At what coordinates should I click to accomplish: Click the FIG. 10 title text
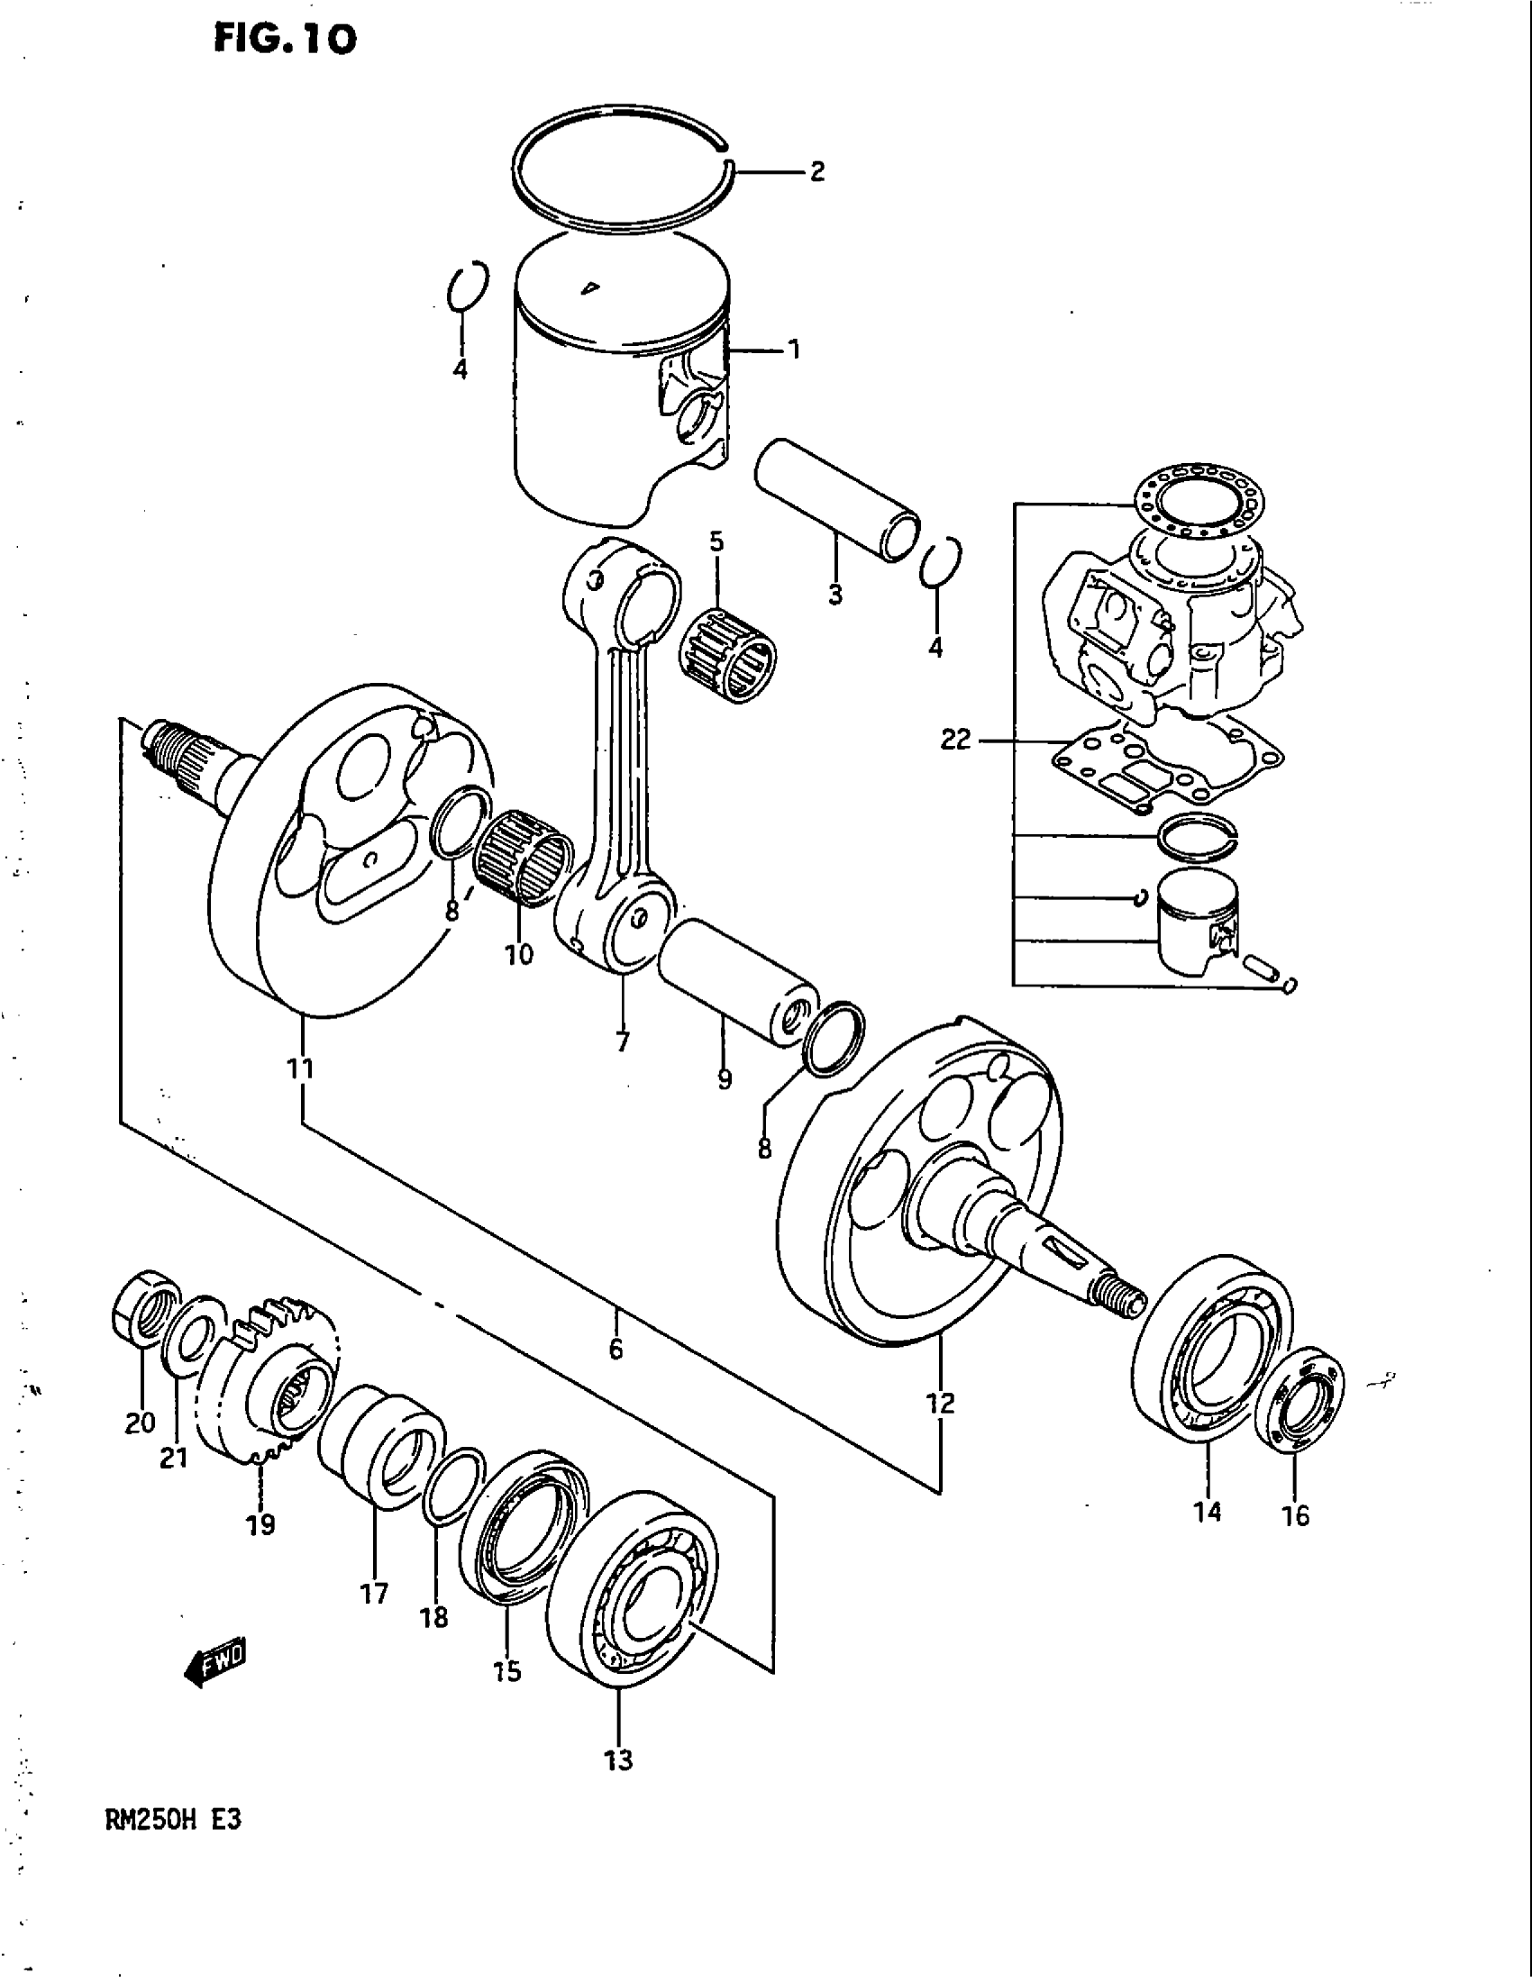pyautogui.click(x=284, y=39)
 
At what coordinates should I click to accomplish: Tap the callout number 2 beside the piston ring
pyautogui.click(x=816, y=171)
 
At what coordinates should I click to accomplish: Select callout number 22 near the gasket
pyautogui.click(x=955, y=740)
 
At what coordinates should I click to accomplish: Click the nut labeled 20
pyautogui.click(x=145, y=1308)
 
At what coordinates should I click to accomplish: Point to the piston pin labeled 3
pyautogui.click(x=836, y=499)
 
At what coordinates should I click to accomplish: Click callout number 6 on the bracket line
pyautogui.click(x=616, y=1350)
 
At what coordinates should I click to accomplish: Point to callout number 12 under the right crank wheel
pyautogui.click(x=941, y=1404)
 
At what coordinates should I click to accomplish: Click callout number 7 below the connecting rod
pyautogui.click(x=623, y=1041)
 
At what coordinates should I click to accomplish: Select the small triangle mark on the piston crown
pyautogui.click(x=590, y=289)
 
